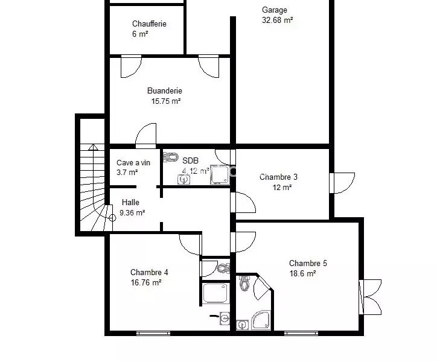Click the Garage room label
275,10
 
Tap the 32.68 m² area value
277,20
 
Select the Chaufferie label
149,24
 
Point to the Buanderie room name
165,91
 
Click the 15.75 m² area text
166,101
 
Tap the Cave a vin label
133,162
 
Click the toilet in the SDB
171,157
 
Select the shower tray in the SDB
220,175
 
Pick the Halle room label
130,202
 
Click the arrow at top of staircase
93,147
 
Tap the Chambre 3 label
278,177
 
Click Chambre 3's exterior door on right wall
342,183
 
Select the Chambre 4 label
149,272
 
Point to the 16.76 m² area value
146,282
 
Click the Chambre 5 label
308,263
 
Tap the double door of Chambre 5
370,297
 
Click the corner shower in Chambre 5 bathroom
261,320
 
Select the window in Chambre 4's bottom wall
153,333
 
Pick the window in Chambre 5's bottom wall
301,333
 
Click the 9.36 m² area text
132,212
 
